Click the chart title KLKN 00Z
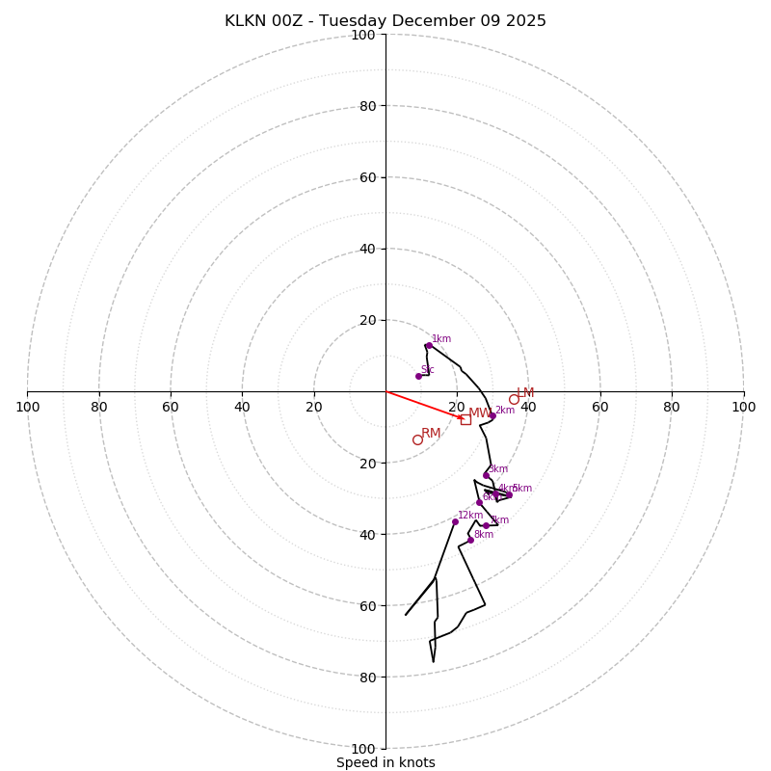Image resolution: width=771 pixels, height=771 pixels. [x=385, y=21]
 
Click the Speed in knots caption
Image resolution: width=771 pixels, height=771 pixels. [x=385, y=762]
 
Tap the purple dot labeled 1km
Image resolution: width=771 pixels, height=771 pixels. [x=429, y=345]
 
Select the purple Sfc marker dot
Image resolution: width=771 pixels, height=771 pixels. [x=418, y=376]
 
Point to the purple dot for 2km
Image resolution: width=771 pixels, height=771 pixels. [x=492, y=415]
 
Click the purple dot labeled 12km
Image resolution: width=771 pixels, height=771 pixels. [x=455, y=521]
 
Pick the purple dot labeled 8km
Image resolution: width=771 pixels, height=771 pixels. [x=470, y=540]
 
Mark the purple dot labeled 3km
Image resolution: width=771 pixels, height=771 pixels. [x=486, y=475]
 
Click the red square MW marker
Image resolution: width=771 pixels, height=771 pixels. [x=465, y=419]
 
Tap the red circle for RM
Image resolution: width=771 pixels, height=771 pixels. [x=417, y=439]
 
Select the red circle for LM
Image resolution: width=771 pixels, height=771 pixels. [x=514, y=399]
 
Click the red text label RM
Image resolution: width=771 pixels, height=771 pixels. [x=431, y=433]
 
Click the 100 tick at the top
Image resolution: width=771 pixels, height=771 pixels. [x=363, y=35]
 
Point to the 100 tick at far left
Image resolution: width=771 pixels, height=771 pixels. [x=27, y=407]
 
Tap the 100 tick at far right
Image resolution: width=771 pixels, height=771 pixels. [x=743, y=407]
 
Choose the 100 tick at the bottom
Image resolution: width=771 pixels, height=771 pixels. [x=363, y=748]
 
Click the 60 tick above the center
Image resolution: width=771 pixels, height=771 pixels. [x=366, y=177]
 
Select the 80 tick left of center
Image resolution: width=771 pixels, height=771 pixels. [x=99, y=407]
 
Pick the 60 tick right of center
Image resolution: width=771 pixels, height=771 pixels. [x=600, y=407]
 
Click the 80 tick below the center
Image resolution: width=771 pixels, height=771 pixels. [x=366, y=677]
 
